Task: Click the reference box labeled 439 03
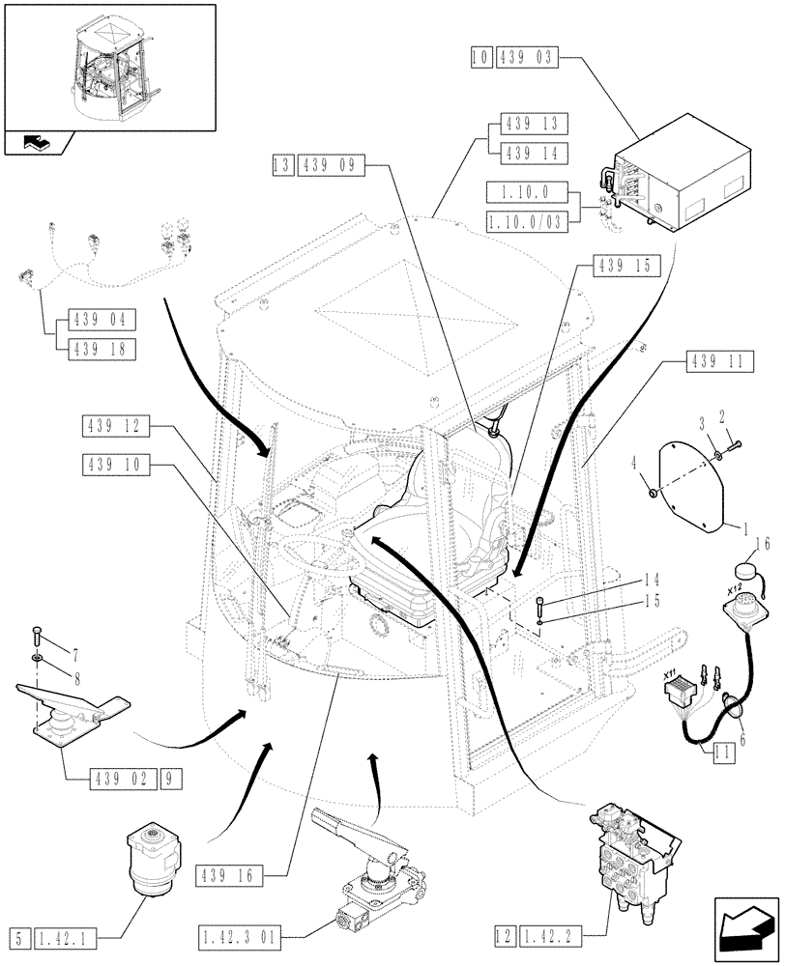tap(528, 58)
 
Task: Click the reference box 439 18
tap(102, 349)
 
